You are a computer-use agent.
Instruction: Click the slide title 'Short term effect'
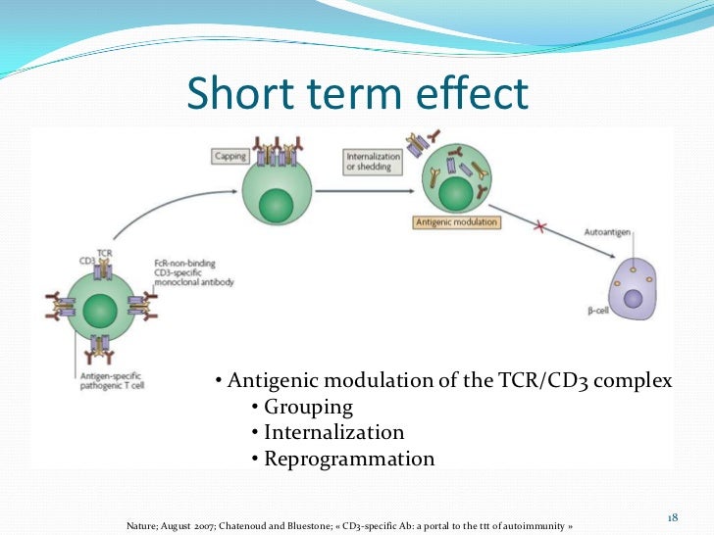(x=357, y=94)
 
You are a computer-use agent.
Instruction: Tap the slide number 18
(x=673, y=515)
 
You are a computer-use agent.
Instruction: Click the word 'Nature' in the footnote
(x=143, y=524)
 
